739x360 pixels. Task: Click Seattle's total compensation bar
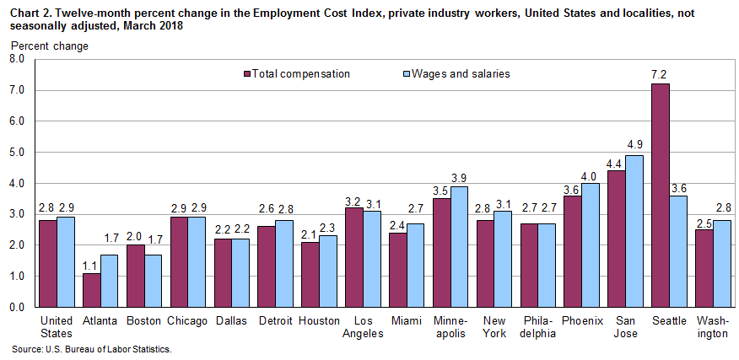point(660,195)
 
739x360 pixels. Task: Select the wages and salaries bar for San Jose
point(633,231)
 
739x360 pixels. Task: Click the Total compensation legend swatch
point(246,74)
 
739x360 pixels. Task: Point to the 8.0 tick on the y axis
point(17,59)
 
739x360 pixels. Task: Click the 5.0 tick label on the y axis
point(17,153)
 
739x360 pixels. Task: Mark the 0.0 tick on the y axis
point(17,308)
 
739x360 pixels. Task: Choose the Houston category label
point(319,321)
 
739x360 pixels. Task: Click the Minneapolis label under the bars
point(450,327)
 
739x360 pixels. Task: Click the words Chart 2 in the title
point(30,10)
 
